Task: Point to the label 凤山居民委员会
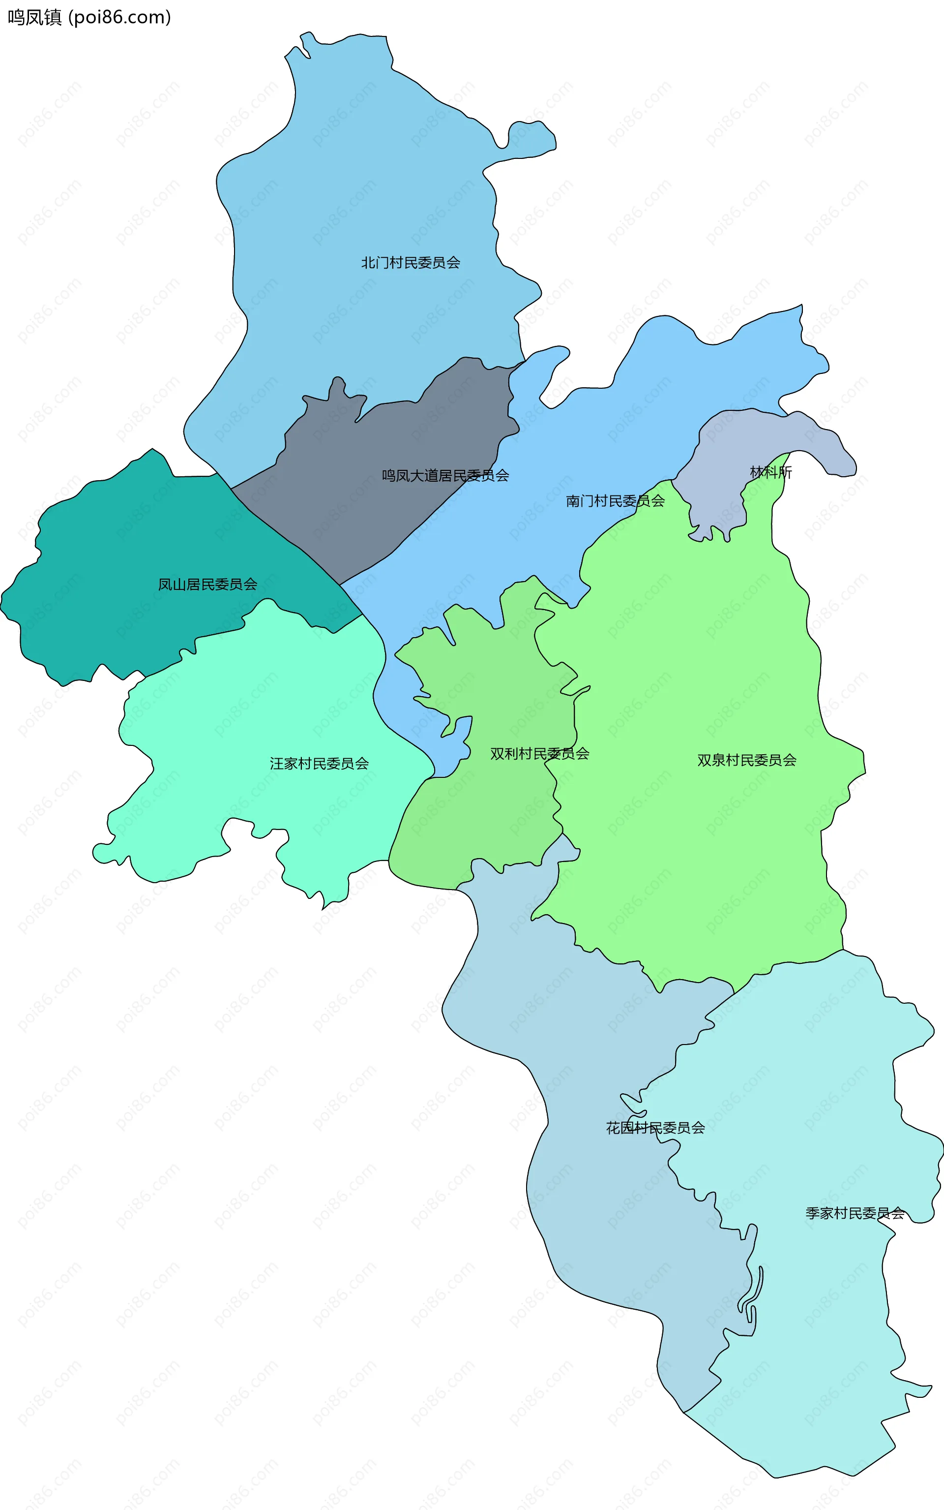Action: (x=207, y=584)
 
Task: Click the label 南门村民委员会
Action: (x=615, y=500)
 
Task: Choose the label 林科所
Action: (x=770, y=472)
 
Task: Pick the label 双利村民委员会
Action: (x=539, y=753)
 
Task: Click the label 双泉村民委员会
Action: (x=747, y=760)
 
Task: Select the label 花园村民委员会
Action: (x=655, y=1127)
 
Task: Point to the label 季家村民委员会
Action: (x=855, y=1213)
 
